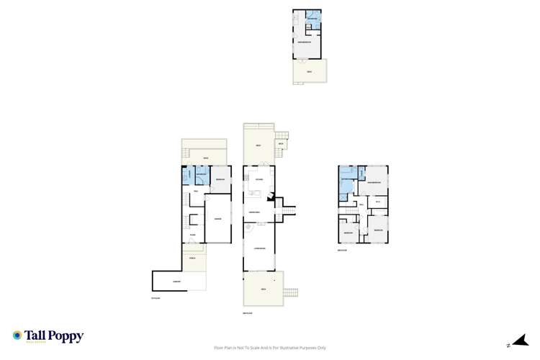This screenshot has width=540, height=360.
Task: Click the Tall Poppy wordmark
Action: coord(53,336)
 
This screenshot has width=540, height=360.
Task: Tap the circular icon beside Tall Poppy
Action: coord(17,336)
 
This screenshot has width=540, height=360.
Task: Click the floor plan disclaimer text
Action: coord(269,345)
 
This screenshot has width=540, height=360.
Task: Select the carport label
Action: coord(177,281)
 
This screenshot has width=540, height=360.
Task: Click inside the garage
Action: coord(217,220)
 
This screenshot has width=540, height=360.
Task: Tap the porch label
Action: coord(192,257)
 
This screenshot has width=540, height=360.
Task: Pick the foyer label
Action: coord(193,235)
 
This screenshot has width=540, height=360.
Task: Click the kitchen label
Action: coord(259,179)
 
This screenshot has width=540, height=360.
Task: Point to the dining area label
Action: coord(254,212)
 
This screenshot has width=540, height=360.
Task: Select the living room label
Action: coord(259,248)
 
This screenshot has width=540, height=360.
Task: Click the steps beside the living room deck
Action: coord(291,292)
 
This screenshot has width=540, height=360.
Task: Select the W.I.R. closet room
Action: coord(378,202)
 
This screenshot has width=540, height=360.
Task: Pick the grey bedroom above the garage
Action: coord(220,179)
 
